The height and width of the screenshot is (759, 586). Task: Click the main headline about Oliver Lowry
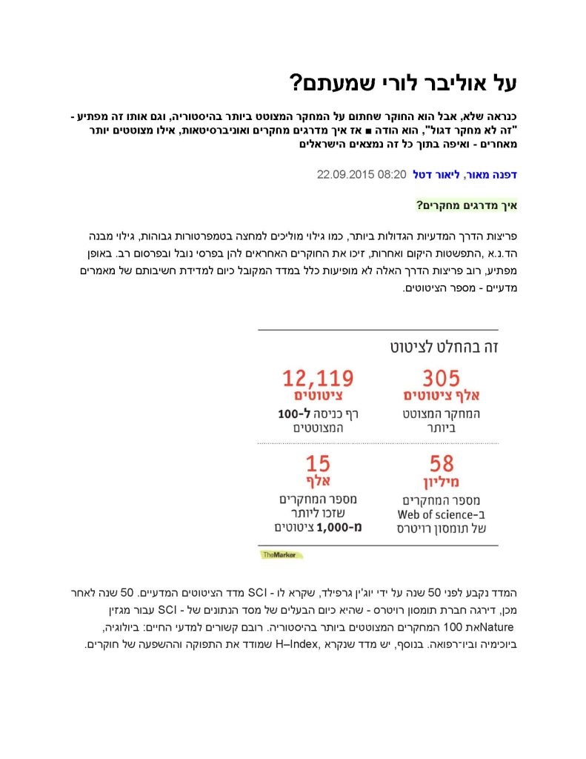pyautogui.click(x=402, y=83)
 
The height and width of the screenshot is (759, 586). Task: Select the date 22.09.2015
pyautogui.click(x=346, y=175)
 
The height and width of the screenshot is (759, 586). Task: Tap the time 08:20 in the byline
pyautogui.click(x=393, y=175)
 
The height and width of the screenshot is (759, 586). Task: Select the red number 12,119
pyautogui.click(x=318, y=379)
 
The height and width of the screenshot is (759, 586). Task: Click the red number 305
pyautogui.click(x=442, y=379)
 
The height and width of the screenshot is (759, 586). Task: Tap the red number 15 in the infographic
pyautogui.click(x=318, y=465)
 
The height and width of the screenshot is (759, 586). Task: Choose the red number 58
pyautogui.click(x=442, y=465)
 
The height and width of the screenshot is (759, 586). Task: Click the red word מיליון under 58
pyautogui.click(x=442, y=483)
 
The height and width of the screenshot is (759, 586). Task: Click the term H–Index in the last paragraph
pyautogui.click(x=296, y=645)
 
